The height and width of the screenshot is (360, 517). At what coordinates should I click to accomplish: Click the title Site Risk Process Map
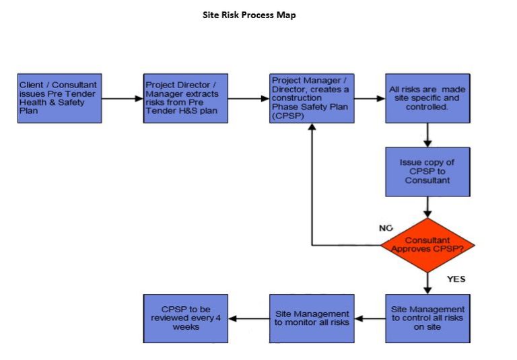[x=249, y=15]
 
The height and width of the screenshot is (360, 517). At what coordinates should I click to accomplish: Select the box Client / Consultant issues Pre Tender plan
[x=60, y=98]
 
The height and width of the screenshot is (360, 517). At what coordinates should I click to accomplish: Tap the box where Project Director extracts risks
[x=186, y=98]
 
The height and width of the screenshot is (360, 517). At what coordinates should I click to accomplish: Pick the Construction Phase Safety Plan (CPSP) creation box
[x=312, y=98]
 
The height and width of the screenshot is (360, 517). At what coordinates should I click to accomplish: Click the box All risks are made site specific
[x=427, y=98]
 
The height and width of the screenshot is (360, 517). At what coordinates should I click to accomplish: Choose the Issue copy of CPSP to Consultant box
[x=427, y=172]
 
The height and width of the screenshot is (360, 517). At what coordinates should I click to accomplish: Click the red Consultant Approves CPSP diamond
[x=427, y=244]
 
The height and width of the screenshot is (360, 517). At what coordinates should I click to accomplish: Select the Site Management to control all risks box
[x=427, y=318]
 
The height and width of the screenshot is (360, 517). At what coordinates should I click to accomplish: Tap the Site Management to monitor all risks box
[x=312, y=318]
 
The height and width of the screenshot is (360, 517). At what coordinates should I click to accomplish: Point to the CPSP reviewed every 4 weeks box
[x=186, y=318]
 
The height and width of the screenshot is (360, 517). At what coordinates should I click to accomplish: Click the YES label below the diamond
[x=456, y=279]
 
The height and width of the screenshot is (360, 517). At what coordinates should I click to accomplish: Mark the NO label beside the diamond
[x=386, y=228]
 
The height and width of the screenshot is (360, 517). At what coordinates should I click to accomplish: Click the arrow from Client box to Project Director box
[x=123, y=98]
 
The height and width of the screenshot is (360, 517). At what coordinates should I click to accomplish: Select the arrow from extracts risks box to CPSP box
[x=248, y=98]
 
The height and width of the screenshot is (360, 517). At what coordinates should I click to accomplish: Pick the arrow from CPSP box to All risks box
[x=370, y=98]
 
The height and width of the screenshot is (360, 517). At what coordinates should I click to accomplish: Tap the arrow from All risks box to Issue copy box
[x=427, y=135]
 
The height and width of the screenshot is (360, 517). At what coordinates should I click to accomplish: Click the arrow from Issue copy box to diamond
[x=427, y=207]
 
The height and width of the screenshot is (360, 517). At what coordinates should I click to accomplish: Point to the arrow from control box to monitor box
[x=370, y=318]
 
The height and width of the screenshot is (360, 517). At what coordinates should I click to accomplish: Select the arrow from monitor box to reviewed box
[x=248, y=318]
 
